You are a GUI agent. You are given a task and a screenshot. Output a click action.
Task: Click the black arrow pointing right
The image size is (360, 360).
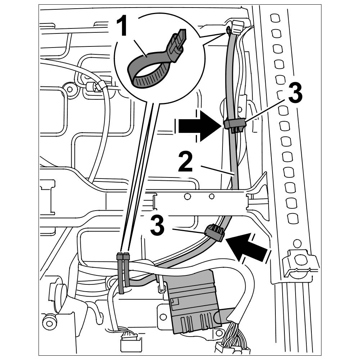(x=199, y=126)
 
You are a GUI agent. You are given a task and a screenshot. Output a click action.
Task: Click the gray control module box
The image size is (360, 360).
(x=194, y=302)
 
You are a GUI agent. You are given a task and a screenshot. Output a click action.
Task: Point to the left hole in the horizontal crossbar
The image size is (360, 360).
(x=187, y=197)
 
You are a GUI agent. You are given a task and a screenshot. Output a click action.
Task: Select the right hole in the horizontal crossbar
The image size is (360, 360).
(x=212, y=196)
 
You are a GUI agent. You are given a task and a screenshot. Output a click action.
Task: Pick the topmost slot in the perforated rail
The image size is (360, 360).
(x=274, y=18)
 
